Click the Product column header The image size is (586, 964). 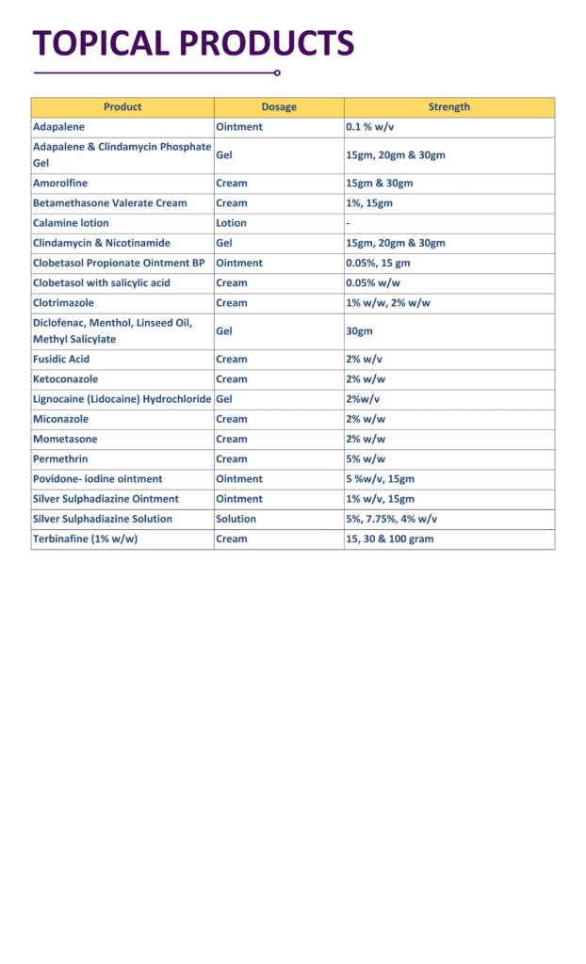pyautogui.click(x=122, y=107)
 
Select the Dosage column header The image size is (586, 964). pyautogui.click(x=279, y=107)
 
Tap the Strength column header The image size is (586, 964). pyautogui.click(x=449, y=107)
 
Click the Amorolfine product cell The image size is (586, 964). pyautogui.click(x=60, y=184)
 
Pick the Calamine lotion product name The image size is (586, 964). pyautogui.click(x=71, y=223)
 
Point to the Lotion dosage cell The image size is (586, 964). pyautogui.click(x=232, y=223)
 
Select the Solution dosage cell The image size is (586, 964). pyautogui.click(x=236, y=519)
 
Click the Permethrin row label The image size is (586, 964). pyautogui.click(x=61, y=459)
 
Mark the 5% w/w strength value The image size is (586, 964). pyautogui.click(x=366, y=459)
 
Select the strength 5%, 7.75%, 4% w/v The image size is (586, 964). pyautogui.click(x=391, y=519)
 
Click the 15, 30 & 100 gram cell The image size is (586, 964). pyautogui.click(x=390, y=539)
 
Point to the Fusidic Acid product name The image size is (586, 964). pyautogui.click(x=61, y=360)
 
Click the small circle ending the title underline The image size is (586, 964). pyautogui.click(x=277, y=72)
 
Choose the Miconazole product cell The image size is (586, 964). pyautogui.click(x=61, y=419)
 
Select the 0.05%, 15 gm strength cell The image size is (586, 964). pyautogui.click(x=378, y=263)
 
